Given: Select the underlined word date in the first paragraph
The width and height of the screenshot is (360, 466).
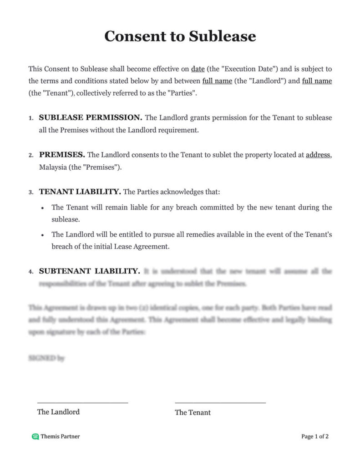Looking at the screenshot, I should (x=198, y=69).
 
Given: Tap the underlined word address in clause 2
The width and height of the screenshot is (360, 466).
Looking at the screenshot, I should (x=318, y=155).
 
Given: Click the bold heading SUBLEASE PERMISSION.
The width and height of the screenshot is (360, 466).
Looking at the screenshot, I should (x=91, y=117).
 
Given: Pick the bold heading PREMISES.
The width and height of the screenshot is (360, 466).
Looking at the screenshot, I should (x=62, y=155).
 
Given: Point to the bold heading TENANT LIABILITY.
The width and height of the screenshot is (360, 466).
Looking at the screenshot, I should (x=80, y=192).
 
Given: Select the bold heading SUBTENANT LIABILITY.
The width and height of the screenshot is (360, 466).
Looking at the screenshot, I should (x=89, y=271).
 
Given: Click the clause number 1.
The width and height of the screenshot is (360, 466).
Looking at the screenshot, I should (x=30, y=118).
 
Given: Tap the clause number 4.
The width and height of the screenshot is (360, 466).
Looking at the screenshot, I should (x=30, y=272).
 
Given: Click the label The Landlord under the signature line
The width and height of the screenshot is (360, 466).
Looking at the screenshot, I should (x=58, y=412).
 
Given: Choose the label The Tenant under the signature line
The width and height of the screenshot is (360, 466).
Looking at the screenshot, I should (x=193, y=412).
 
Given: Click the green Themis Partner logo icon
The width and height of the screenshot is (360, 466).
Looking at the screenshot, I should (x=35, y=436).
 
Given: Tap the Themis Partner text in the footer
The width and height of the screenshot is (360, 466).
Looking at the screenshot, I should (x=60, y=436).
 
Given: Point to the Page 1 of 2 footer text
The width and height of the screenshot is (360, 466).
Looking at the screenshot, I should (x=314, y=436).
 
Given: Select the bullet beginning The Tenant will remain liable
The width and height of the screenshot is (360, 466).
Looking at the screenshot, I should (x=192, y=213).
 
